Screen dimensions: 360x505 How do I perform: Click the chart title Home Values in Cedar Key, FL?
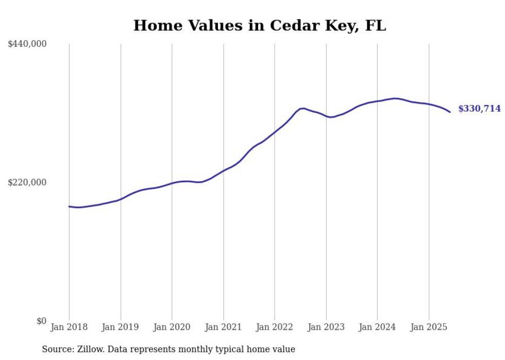pos(259,25)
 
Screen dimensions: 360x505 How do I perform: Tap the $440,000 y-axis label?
pos(27,44)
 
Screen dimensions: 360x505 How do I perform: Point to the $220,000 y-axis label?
pos(27,182)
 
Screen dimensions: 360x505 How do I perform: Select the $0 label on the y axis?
pos(41,321)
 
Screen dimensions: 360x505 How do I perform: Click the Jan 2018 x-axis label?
pos(69,327)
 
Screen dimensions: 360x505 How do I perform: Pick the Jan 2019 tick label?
pos(121,327)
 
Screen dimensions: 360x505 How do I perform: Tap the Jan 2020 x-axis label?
pos(172,327)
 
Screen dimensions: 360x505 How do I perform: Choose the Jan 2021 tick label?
pos(223,327)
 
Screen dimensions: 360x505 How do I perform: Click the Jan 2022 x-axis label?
pos(275,327)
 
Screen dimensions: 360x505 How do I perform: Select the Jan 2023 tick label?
pos(326,327)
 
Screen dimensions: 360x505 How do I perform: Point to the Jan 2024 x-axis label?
pos(377,327)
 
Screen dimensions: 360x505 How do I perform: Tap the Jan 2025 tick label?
pos(429,327)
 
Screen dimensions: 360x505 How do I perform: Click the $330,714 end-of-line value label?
pos(479,109)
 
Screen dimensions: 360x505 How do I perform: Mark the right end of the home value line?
pos(450,112)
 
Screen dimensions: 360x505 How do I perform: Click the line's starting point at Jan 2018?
pos(69,207)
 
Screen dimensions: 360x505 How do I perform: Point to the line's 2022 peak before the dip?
pos(304,108)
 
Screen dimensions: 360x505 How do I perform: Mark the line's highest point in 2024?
pos(395,98)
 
